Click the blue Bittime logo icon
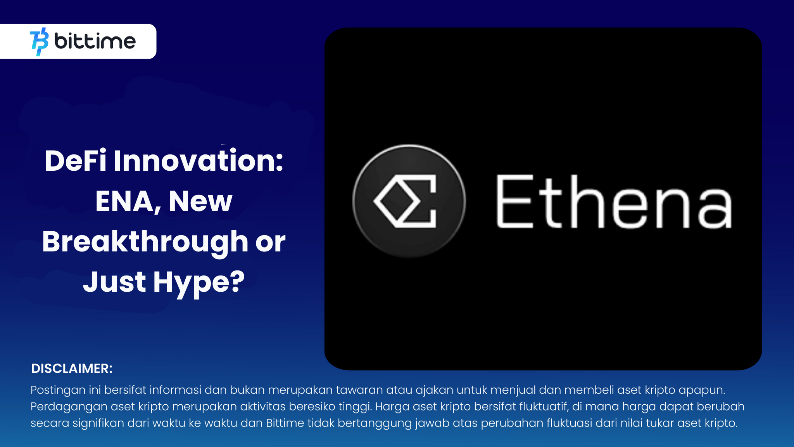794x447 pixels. click(39, 42)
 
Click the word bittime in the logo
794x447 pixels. click(95, 41)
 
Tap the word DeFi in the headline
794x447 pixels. click(75, 161)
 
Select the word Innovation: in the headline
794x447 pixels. click(198, 161)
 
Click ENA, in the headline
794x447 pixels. click(128, 202)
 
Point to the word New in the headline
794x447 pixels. click(200, 202)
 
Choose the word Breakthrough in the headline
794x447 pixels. click(145, 242)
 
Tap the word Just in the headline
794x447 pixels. click(114, 282)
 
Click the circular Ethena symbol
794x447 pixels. click(409, 201)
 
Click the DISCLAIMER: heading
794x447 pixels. click(72, 369)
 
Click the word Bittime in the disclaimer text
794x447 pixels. click(285, 423)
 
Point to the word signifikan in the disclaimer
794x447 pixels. click(98, 423)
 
